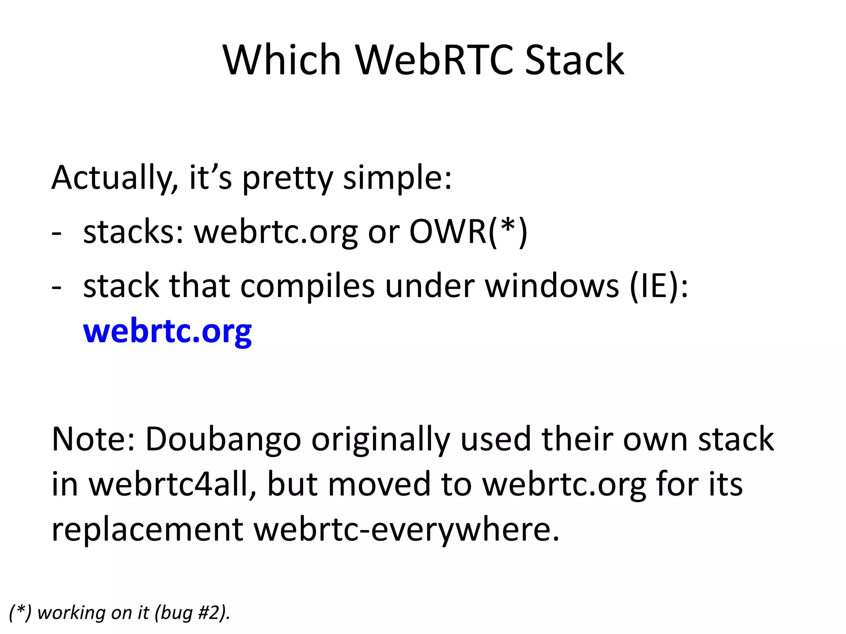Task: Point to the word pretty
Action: click(287, 178)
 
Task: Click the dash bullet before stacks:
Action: click(57, 234)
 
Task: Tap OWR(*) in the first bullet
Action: click(468, 232)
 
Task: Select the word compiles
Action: click(307, 286)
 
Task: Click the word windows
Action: click(552, 286)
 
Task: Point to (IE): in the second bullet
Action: click(659, 286)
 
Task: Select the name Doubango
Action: click(223, 440)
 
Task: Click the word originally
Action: click(380, 440)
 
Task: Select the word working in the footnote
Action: click(66, 613)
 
